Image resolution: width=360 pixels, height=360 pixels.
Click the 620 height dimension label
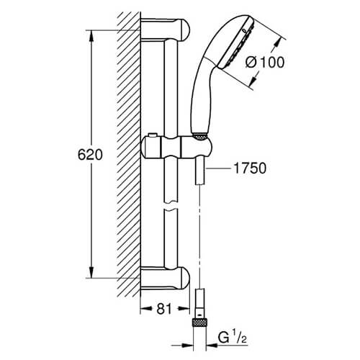[90, 155]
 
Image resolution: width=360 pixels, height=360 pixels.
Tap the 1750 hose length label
[250, 168]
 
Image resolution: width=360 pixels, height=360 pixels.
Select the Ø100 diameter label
[265, 63]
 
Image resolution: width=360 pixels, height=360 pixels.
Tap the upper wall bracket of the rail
[165, 30]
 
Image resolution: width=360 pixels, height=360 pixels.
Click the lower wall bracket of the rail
[165, 279]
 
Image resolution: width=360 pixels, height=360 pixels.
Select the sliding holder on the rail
[176, 148]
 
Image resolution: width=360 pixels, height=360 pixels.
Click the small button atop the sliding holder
[152, 135]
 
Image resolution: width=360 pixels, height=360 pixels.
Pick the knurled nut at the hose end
[199, 323]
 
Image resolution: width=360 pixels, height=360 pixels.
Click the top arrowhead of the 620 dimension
[91, 37]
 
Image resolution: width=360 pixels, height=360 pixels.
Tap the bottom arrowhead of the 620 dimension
[91, 272]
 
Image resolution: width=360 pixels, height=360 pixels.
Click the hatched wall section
[128, 153]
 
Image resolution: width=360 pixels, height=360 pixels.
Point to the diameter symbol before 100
[251, 63]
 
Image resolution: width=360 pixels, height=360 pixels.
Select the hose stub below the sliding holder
[199, 171]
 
